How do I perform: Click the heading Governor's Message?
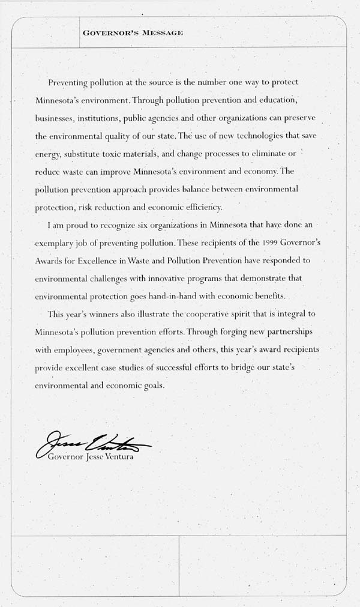click(133, 32)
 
